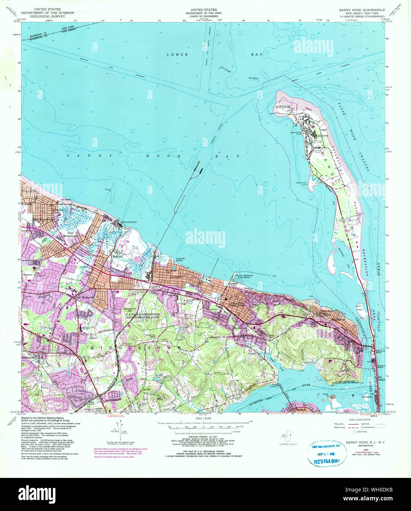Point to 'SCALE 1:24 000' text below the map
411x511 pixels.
point(204,418)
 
